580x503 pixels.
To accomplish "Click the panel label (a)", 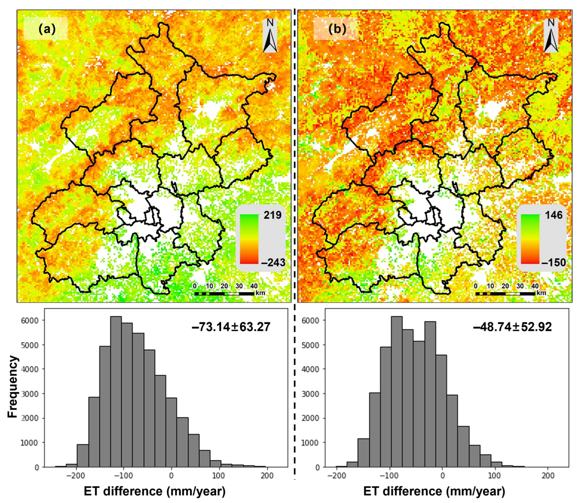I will click(47, 29).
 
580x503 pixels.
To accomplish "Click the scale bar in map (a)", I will click(224, 294).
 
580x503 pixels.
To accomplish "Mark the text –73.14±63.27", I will click(231, 327).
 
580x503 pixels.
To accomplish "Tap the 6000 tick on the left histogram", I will click(33, 320).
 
